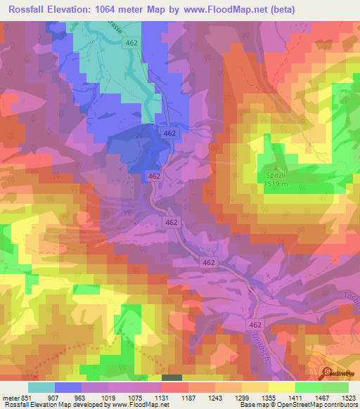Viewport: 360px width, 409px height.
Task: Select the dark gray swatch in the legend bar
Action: tap(171, 378)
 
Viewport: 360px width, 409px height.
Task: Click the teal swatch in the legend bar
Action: tap(41, 387)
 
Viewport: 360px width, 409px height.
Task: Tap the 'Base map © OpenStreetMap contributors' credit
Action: tap(297, 405)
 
